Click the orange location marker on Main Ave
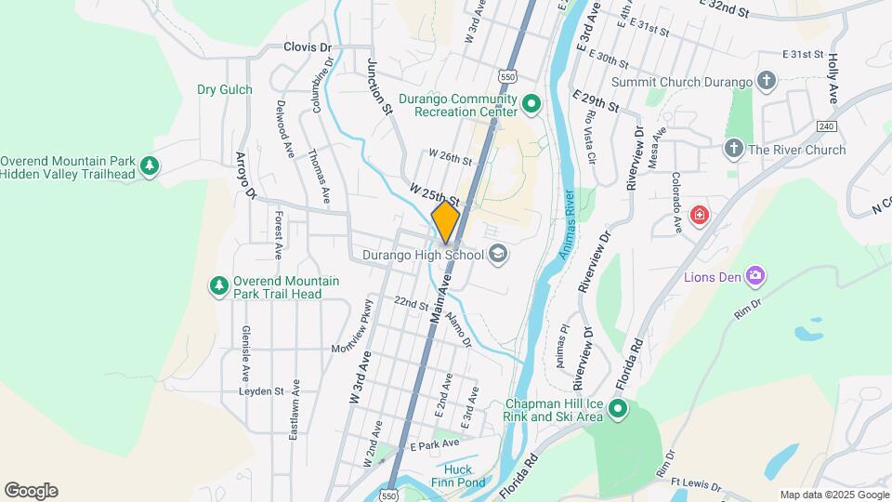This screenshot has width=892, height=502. [446, 221]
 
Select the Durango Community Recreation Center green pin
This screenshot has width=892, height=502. [531, 103]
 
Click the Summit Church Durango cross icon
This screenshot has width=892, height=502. [766, 82]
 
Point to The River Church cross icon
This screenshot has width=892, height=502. [733, 149]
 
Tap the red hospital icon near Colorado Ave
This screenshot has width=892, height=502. [699, 217]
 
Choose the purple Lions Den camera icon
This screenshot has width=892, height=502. [754, 275]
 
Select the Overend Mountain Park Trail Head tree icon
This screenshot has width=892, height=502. [218, 285]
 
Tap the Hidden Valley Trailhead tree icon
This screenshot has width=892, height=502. [150, 166]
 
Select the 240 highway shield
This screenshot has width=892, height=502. [828, 125]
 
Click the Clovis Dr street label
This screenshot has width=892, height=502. [308, 46]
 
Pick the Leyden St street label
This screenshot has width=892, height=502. [260, 391]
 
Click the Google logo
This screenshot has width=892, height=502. [31, 491]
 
